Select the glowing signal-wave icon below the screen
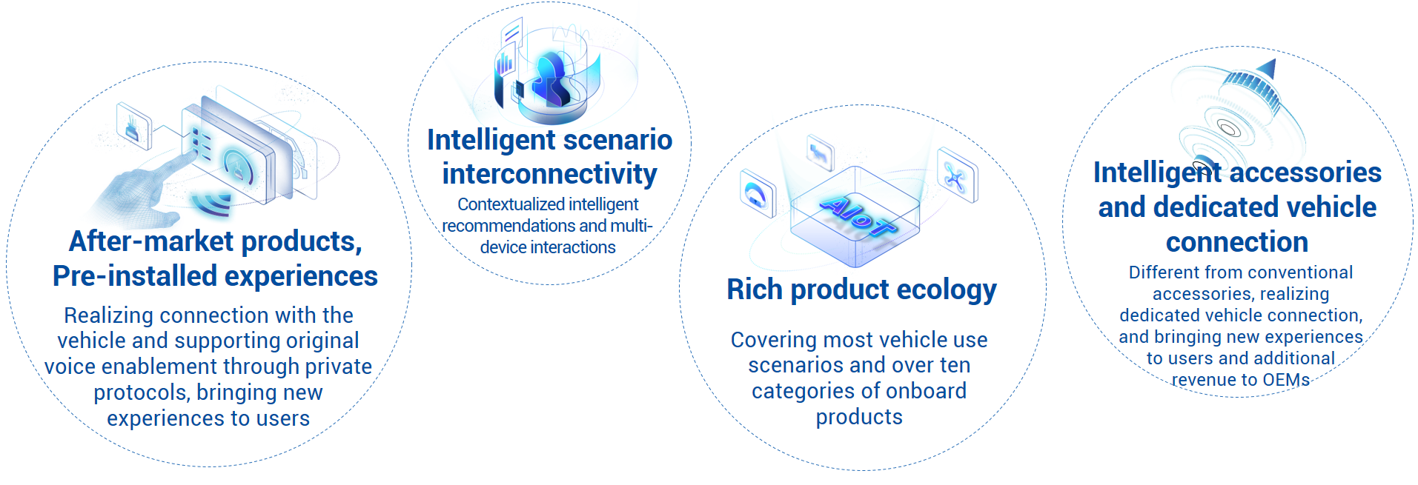pos(211,203)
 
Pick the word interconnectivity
pos(549,174)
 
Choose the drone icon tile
pos(957,175)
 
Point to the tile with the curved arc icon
pos(758,193)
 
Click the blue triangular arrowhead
pos(1267,69)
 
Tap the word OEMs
pos(1286,380)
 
